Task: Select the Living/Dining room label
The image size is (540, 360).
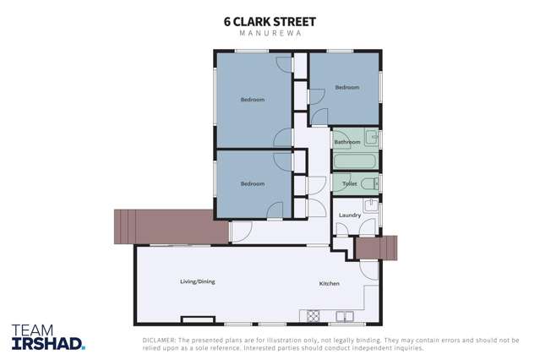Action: pos(198,281)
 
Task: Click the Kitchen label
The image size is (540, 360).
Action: pos(329,283)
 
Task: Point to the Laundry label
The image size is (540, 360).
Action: pos(350,215)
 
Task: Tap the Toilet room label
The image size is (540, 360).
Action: pos(349,183)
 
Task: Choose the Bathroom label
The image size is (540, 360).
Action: pos(346,142)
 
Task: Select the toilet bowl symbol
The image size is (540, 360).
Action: pos(369,183)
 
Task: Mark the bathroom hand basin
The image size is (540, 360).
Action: pos(371,138)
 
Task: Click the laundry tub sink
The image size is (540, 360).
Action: pos(370,205)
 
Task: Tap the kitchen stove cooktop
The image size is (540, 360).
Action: pos(313,316)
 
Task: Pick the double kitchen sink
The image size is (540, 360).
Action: pos(345,317)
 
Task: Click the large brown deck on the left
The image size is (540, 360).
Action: pos(169,226)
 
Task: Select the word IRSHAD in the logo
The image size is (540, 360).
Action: pos(48,342)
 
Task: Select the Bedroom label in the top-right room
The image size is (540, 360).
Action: pos(346,88)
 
